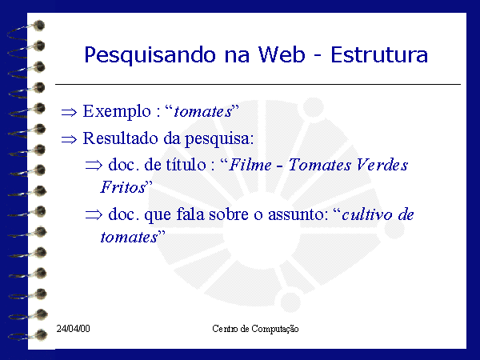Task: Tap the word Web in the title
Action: tap(282, 54)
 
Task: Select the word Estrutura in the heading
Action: tap(379, 54)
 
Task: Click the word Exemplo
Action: tap(117, 112)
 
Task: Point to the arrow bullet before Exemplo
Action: tap(69, 112)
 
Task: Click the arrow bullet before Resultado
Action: tap(69, 140)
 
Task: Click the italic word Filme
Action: tap(250, 165)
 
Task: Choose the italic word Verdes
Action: tap(382, 165)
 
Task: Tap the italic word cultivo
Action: tap(366, 214)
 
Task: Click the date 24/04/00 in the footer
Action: tap(73, 329)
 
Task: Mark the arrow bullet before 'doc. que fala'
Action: tap(94, 214)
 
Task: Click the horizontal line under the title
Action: tap(258, 84)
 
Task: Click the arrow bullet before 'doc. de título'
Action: tap(94, 166)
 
